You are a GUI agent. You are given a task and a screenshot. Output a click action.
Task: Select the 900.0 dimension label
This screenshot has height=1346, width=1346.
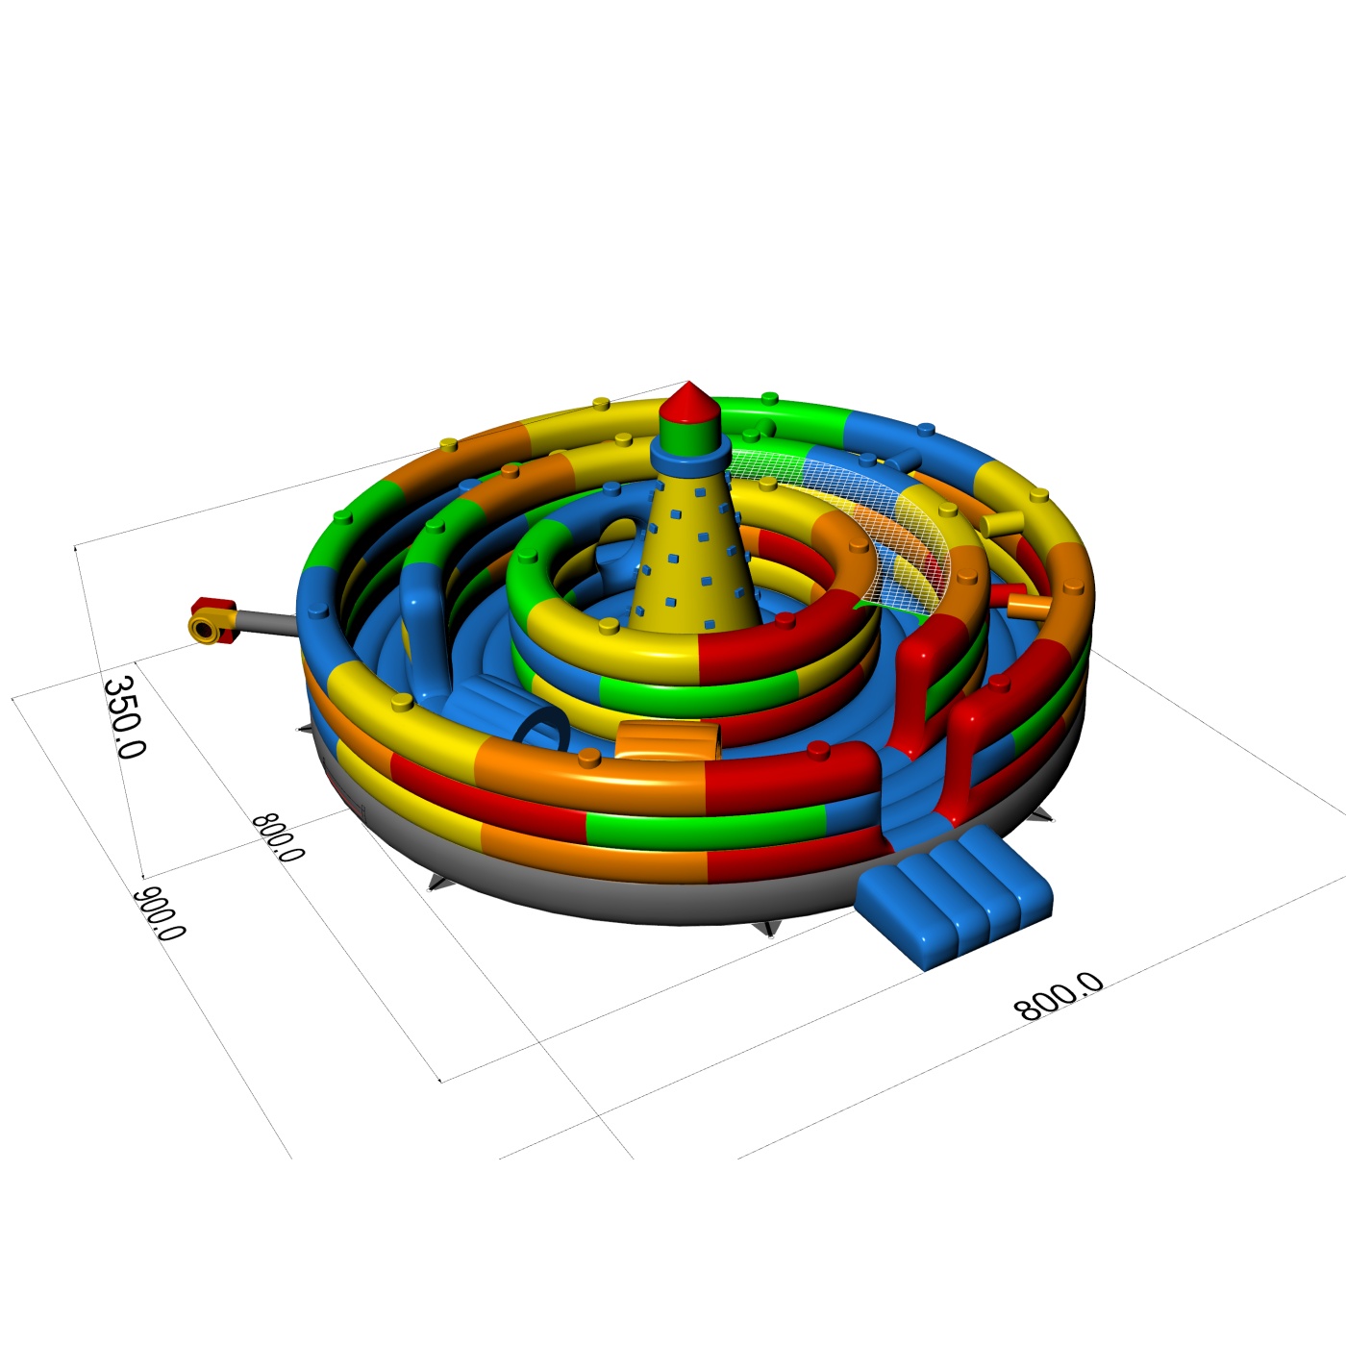click(160, 913)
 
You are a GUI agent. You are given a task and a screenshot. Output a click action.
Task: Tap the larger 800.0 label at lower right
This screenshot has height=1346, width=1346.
click(1059, 996)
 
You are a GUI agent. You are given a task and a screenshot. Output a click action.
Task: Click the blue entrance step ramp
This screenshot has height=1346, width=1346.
click(954, 897)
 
